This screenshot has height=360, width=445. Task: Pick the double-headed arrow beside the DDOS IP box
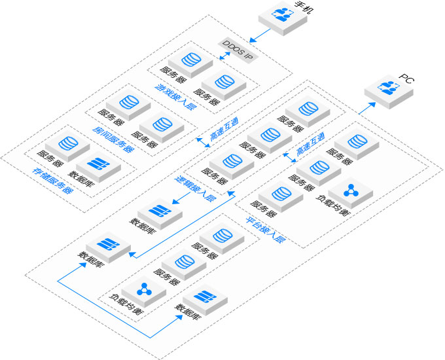coord(224,58)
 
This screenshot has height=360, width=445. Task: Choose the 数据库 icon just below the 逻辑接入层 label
coord(156,211)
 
